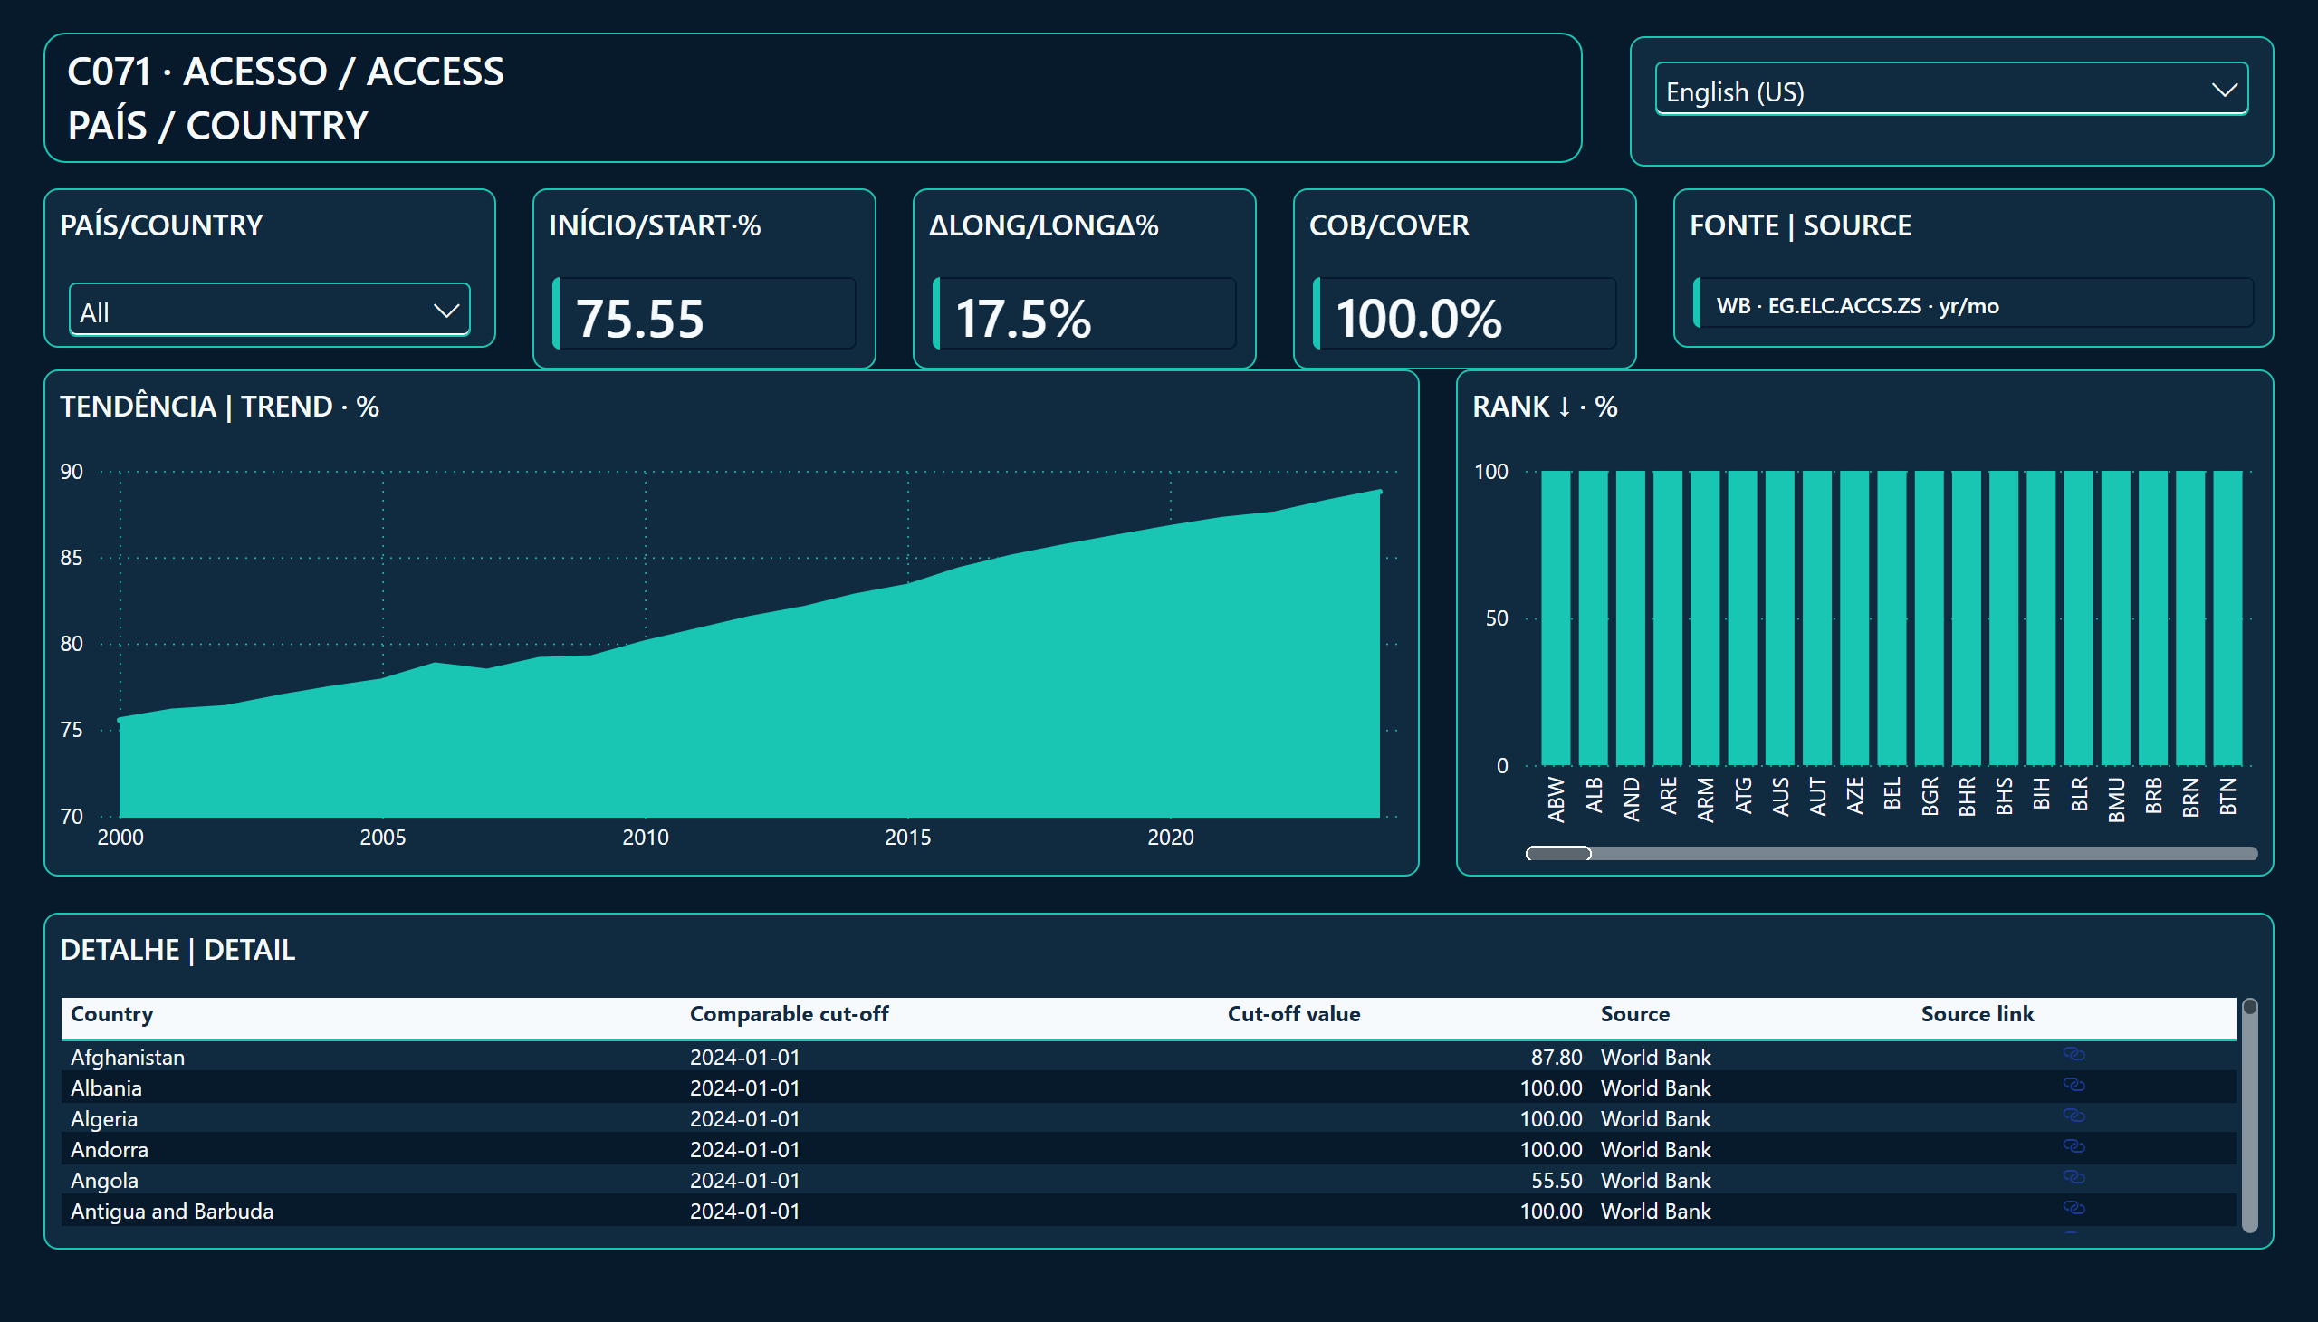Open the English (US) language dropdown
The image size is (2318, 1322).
click(x=1950, y=89)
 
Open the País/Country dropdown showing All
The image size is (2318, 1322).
click(x=270, y=311)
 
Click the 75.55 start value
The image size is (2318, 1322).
click(x=640, y=319)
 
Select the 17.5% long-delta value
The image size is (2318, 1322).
click(x=1023, y=319)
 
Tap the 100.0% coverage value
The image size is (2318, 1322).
click(x=1418, y=319)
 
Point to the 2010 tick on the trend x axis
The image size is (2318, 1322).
click(x=645, y=838)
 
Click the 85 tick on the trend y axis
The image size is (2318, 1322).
click(x=72, y=558)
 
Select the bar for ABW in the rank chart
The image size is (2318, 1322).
click(x=1556, y=618)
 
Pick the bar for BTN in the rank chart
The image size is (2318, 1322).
click(x=2227, y=618)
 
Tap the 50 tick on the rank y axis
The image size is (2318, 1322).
click(x=1497, y=618)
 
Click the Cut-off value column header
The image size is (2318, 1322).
click(x=1294, y=1014)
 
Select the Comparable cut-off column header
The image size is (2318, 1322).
click(x=789, y=1014)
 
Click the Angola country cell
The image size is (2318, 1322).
click(x=104, y=1181)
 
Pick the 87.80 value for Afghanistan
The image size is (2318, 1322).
click(x=1557, y=1057)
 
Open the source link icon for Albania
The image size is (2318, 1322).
click(x=2074, y=1085)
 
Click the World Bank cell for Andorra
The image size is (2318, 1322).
click(x=1655, y=1149)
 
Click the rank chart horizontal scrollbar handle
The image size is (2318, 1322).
click(x=1558, y=854)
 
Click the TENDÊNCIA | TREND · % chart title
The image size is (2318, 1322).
click(x=220, y=407)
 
